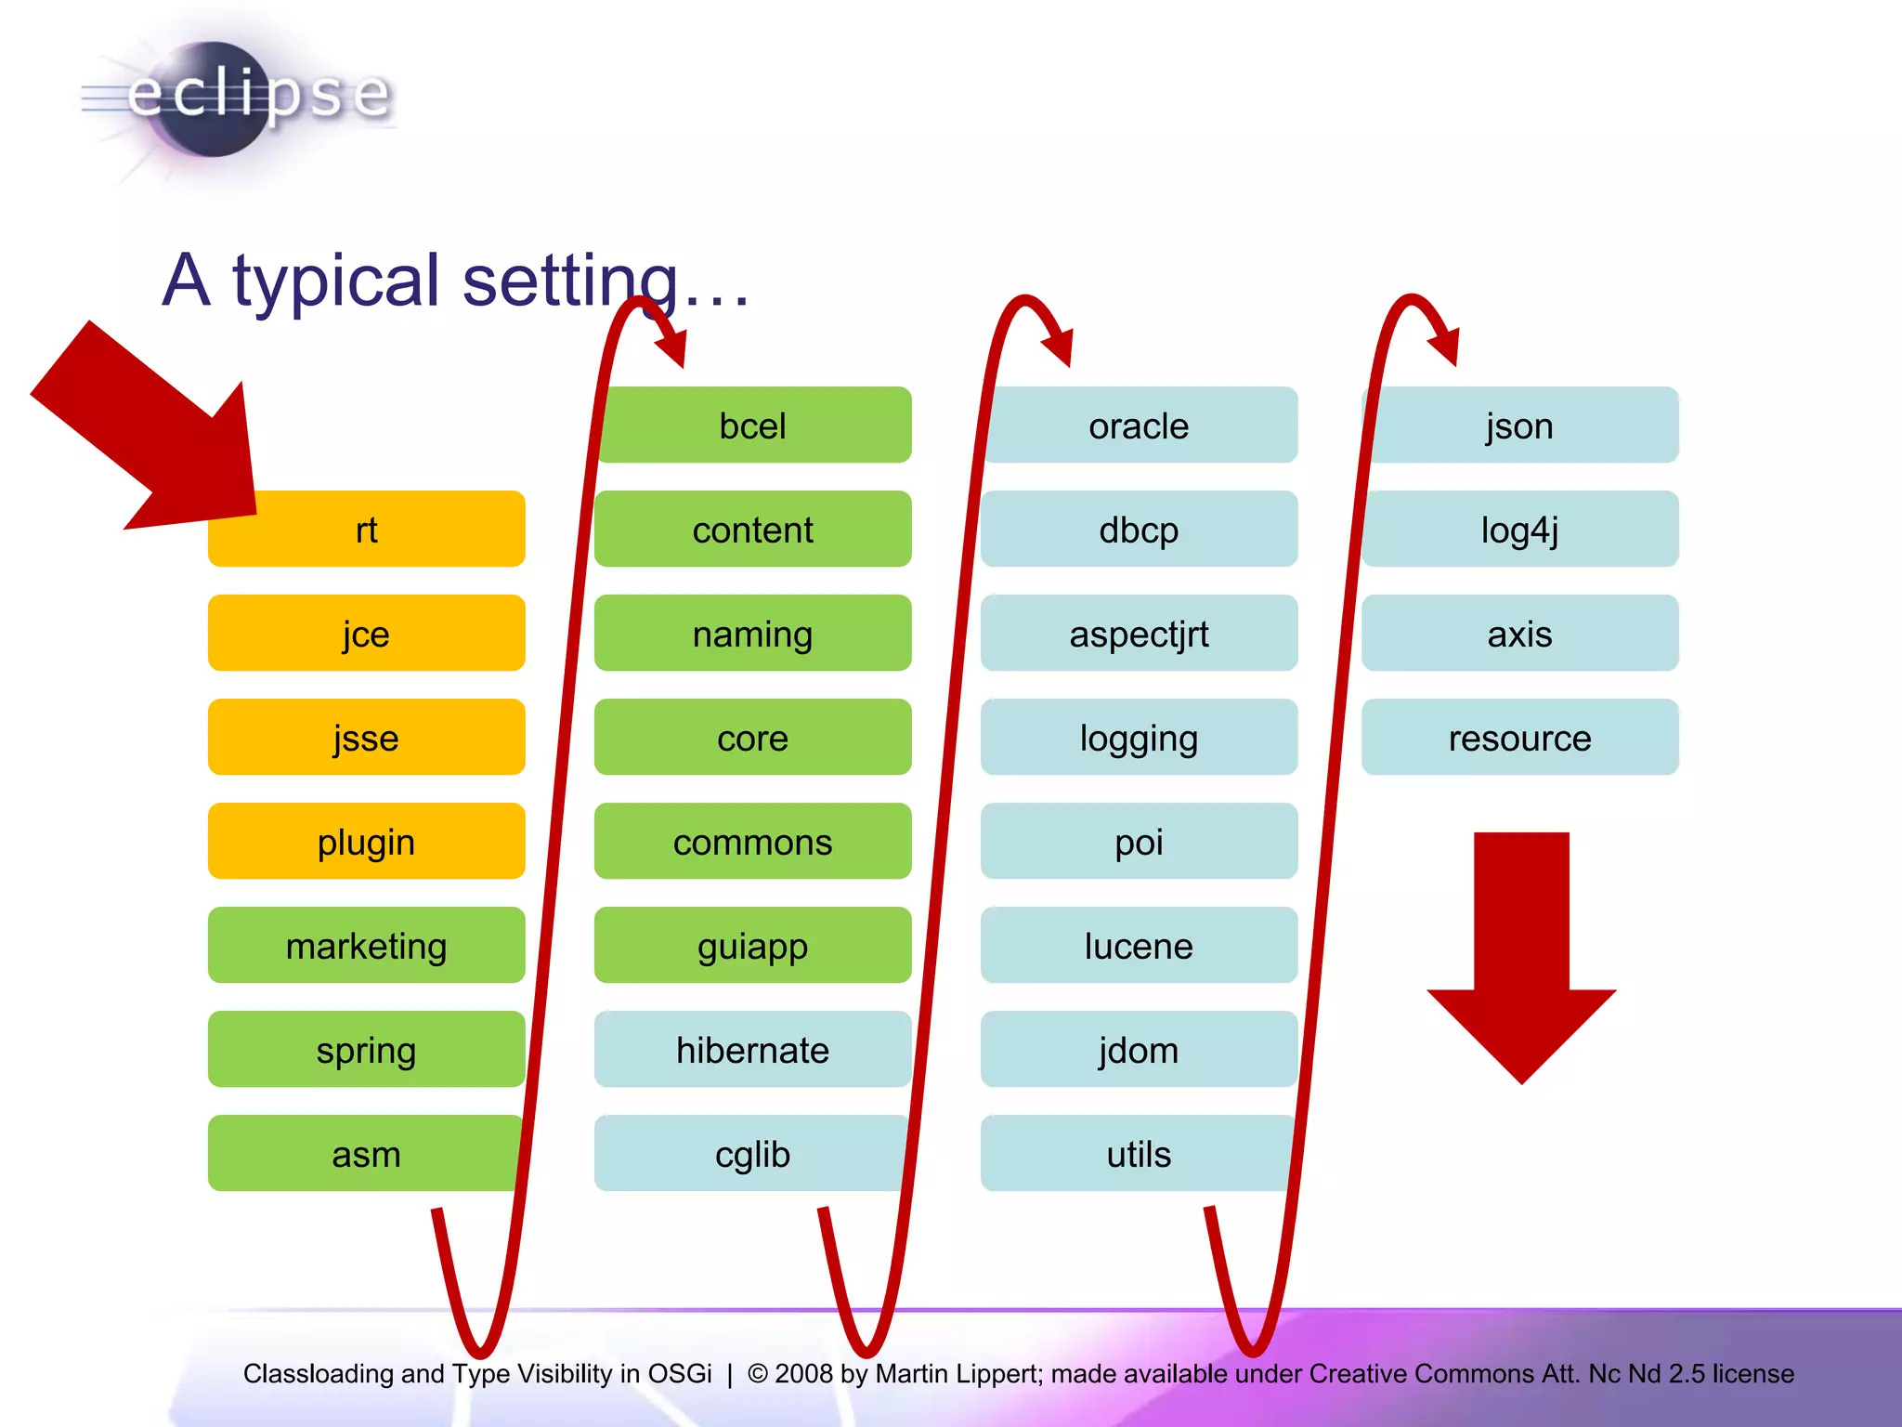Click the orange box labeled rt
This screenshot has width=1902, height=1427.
pos(366,530)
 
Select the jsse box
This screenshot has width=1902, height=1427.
pos(366,738)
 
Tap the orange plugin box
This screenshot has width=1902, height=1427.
pos(366,842)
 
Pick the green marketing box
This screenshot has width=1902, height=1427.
pos(366,946)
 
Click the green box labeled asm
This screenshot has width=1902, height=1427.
pos(366,1154)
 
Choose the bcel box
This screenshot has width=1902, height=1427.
pos(752,425)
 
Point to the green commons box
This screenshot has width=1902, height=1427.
pos(752,842)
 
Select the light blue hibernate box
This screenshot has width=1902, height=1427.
pos(752,1050)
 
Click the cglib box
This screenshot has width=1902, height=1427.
pos(752,1154)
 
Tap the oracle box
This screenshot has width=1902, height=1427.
pos(1139,425)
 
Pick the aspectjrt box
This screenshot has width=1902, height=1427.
pos(1139,634)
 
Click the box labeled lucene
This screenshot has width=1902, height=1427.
pos(1139,946)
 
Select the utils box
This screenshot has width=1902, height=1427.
pos(1139,1154)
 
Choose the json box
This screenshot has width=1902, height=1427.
pos(1519,425)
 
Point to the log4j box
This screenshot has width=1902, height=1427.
pos(1519,530)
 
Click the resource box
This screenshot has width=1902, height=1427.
pos(1519,738)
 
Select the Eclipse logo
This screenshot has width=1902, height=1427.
pos(237,98)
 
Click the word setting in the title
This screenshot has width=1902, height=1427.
pos(570,281)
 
